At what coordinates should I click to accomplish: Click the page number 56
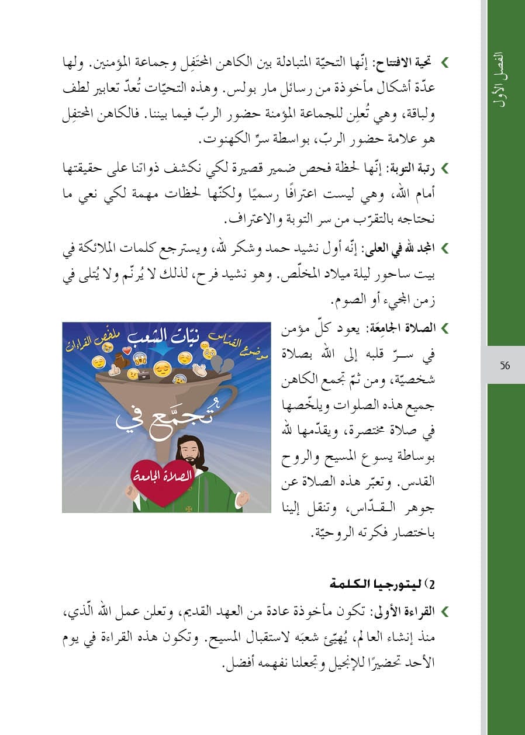coord(505,366)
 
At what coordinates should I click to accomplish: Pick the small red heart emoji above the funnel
coord(125,353)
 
